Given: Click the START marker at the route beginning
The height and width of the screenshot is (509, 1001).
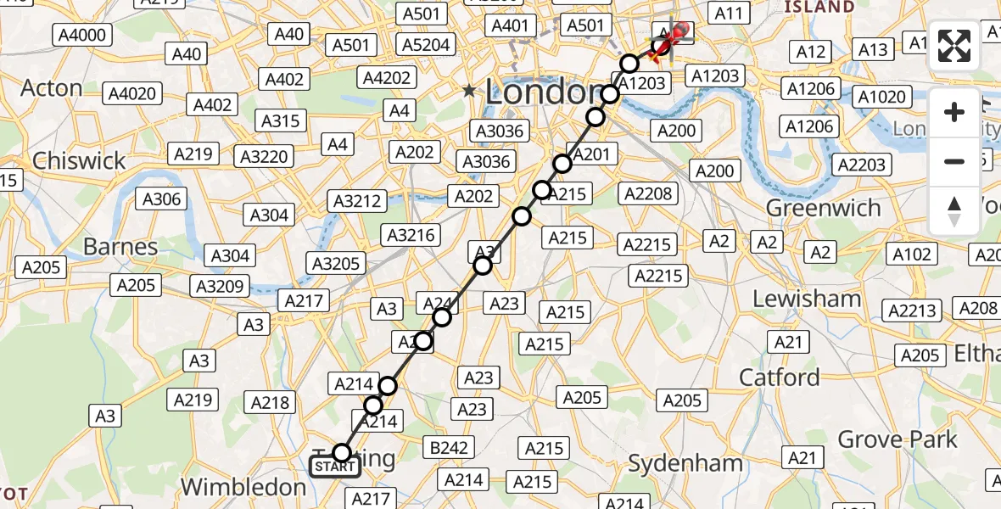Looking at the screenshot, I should (335, 467).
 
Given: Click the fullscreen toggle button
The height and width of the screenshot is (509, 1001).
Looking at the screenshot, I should (954, 46).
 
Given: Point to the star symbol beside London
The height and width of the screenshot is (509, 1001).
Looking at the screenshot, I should (469, 90).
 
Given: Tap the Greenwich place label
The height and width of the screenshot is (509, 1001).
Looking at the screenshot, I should (823, 208).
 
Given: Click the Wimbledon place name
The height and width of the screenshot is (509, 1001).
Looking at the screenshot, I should (243, 487).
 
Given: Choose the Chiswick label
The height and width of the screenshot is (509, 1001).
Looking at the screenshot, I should (78, 160).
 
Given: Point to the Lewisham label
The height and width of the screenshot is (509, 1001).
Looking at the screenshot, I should (807, 299).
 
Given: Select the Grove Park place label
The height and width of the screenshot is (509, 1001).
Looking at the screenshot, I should (898, 439).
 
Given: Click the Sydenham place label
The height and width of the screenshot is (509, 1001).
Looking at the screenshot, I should (685, 463).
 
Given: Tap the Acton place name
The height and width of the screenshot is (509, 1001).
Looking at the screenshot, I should (51, 88).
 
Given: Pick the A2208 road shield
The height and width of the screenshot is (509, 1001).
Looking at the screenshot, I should (647, 193).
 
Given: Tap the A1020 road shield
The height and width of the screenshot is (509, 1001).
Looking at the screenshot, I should (881, 97).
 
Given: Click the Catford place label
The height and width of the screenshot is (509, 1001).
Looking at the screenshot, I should (780, 377).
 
